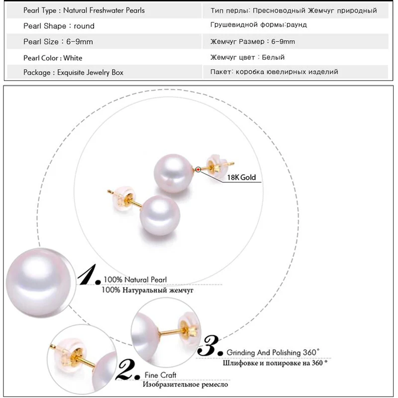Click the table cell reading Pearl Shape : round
(x=59, y=26)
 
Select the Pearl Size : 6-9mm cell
(x=58, y=42)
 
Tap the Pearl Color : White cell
(x=53, y=57)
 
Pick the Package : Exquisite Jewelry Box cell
(x=73, y=73)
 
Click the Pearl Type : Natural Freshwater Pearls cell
(x=84, y=10)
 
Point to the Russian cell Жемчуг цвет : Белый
(x=247, y=57)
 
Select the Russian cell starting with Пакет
(x=274, y=72)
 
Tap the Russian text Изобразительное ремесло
(x=185, y=385)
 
